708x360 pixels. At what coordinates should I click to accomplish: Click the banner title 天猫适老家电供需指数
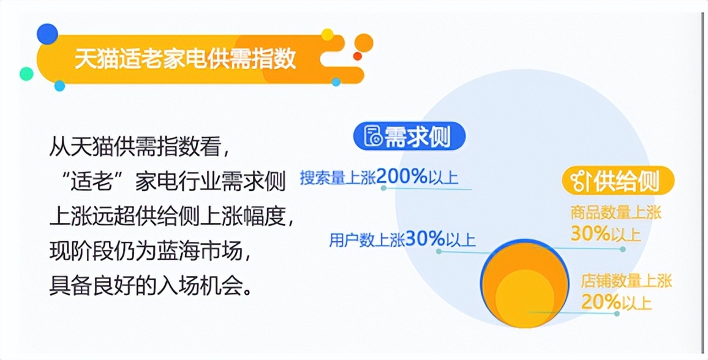click(x=186, y=59)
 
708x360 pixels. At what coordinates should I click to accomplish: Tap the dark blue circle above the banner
click(x=47, y=34)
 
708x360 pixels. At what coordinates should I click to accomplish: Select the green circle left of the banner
click(x=26, y=73)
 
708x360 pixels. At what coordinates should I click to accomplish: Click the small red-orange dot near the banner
click(x=358, y=56)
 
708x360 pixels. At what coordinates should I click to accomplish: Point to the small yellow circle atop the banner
click(x=328, y=34)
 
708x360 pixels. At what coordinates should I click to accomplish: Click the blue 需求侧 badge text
click(x=417, y=137)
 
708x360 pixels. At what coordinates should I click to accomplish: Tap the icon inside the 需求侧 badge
click(x=372, y=137)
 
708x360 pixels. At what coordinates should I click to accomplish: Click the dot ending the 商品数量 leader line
click(x=622, y=249)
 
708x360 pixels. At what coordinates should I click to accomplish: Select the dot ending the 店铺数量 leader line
click(x=617, y=313)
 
